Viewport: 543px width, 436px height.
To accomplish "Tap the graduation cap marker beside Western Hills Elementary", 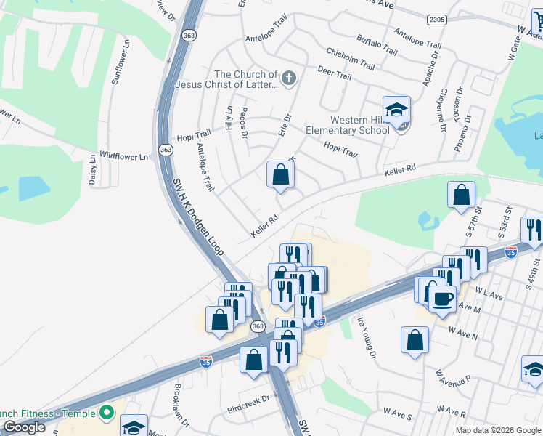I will [396, 110].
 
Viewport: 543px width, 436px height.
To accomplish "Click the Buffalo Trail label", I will [377, 47].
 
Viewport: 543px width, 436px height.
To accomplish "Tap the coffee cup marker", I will [442, 298].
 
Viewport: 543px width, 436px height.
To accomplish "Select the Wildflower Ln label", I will [123, 156].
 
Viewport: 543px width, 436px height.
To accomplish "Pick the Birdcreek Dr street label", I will [248, 399].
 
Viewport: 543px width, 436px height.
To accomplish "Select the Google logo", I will [24, 427].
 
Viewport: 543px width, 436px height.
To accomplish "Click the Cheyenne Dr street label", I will [441, 109].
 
